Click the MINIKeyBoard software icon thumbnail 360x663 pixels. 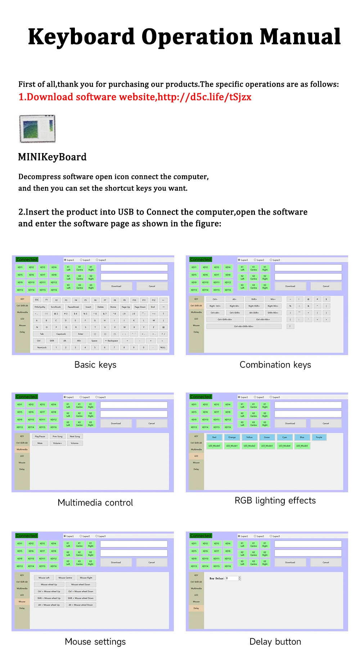[37, 129]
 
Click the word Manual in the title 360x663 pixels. [300, 37]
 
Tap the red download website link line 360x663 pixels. [135, 97]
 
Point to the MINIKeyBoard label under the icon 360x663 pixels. [52, 157]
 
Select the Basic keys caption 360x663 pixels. [95, 365]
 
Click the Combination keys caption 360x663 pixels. [275, 365]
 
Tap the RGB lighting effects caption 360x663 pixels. [275, 501]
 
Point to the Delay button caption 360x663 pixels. [275, 642]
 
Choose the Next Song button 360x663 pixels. [75, 436]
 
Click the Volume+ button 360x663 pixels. [57, 443]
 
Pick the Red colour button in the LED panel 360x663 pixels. [214, 437]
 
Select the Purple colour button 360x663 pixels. [319, 437]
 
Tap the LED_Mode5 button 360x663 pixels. [302, 446]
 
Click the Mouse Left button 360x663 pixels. [44, 578]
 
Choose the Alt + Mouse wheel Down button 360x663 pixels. [81, 605]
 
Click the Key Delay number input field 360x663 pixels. [232, 578]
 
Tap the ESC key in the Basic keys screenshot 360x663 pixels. [37, 300]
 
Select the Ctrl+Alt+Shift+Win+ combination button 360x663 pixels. [244, 326]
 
